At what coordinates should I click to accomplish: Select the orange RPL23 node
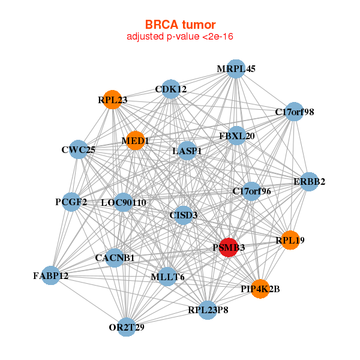point(113,98)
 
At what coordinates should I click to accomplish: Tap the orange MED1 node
point(136,140)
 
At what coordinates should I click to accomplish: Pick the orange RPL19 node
point(290,240)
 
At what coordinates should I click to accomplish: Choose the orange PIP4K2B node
point(260,289)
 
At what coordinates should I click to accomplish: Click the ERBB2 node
point(308,182)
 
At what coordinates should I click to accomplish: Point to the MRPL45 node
point(236,68)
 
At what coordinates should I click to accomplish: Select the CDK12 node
point(171,89)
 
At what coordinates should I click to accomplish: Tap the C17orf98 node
point(293,112)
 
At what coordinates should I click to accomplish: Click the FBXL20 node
point(237,136)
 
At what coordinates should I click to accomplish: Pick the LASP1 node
point(187,150)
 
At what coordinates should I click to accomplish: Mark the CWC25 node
point(79,149)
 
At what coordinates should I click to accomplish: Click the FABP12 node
point(51,275)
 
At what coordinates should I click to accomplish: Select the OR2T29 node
point(127,327)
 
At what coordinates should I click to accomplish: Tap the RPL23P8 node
point(208,310)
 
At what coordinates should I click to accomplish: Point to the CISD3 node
point(184,215)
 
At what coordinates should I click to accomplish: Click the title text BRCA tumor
point(179,25)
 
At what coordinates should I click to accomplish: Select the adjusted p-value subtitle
point(179,37)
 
